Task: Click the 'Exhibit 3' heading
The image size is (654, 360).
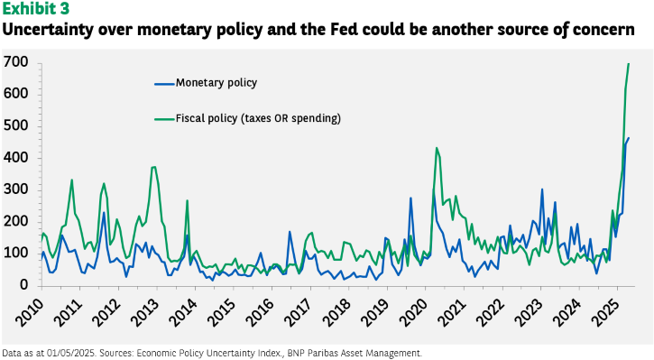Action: pos(36,8)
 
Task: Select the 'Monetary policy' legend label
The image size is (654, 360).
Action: pos(216,83)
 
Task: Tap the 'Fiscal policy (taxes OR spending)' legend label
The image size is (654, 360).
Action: pos(258,118)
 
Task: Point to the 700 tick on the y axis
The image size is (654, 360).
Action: pos(16,62)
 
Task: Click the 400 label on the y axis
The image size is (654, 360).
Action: pos(16,158)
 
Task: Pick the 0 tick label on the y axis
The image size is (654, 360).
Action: pos(24,285)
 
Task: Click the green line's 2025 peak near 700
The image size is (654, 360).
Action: pos(629,64)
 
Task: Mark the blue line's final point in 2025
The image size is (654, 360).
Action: pos(629,138)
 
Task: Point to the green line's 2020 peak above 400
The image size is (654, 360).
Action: pos(437,148)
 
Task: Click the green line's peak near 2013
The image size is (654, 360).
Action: pos(155,167)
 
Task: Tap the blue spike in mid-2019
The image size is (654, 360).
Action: pos(410,198)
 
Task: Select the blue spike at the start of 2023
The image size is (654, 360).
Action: pos(542,189)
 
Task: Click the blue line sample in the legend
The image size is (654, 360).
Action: pos(164,84)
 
